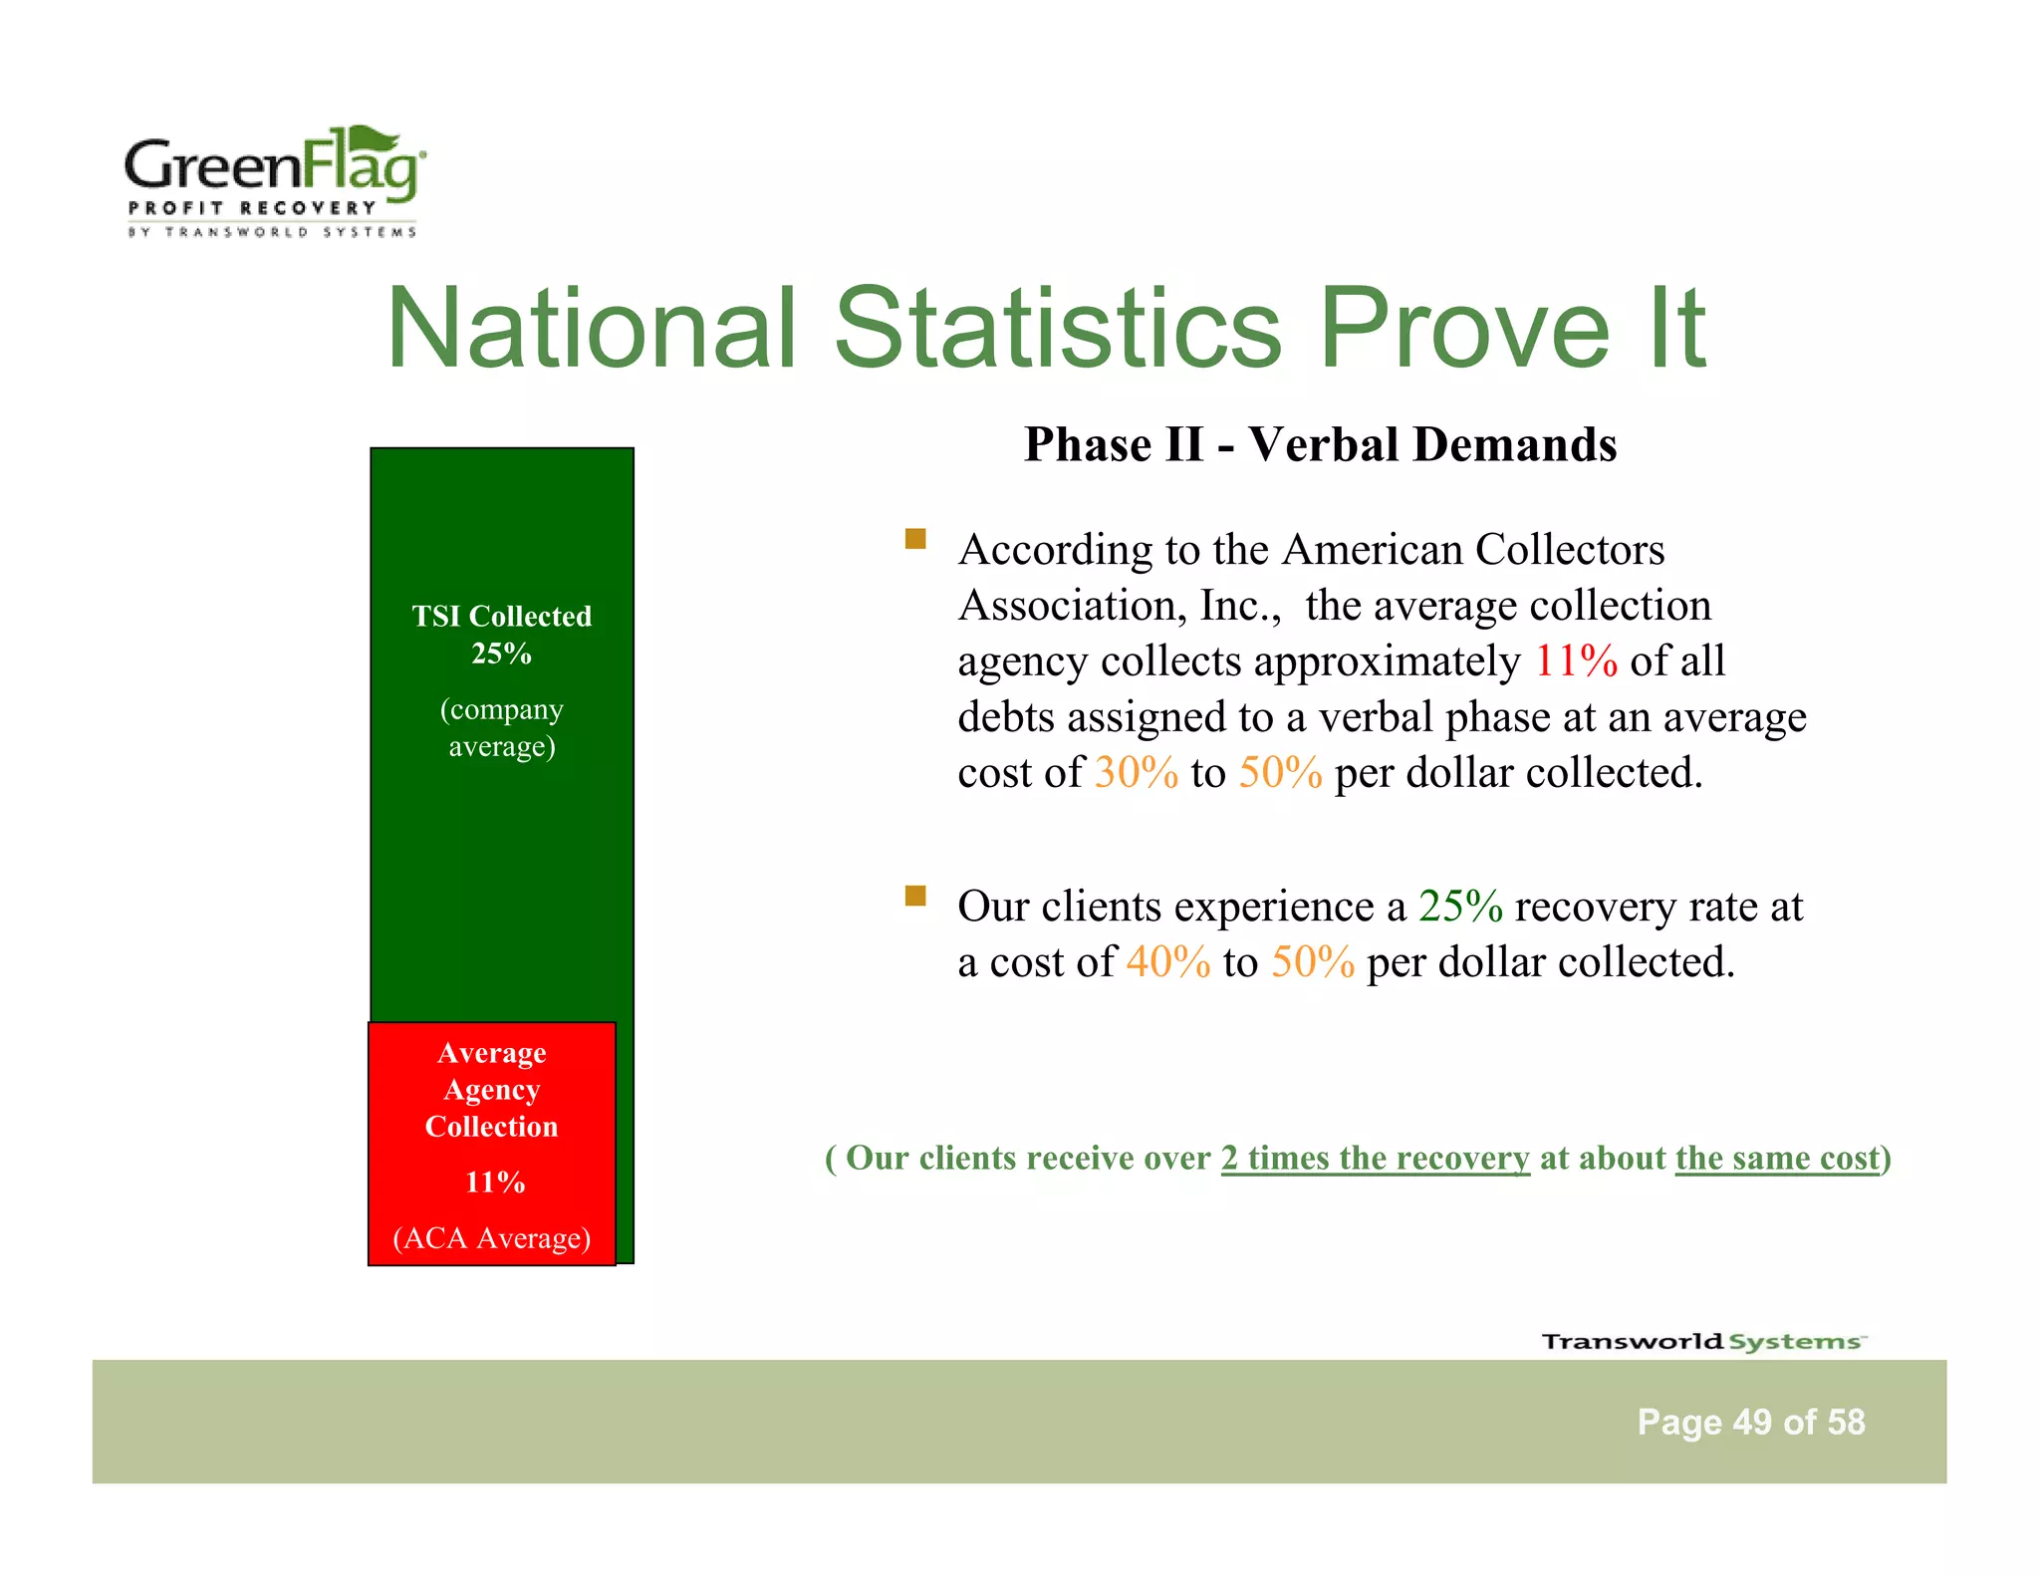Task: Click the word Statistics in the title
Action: [x=1057, y=328]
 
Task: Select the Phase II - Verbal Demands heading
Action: [x=1320, y=444]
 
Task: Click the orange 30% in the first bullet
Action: [x=1136, y=773]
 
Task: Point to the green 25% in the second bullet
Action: [x=1460, y=907]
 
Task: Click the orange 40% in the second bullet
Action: [x=1168, y=962]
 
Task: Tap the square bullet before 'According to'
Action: [x=915, y=540]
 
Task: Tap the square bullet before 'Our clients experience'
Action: [x=915, y=896]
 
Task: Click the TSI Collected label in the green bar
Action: [x=501, y=617]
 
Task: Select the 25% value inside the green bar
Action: [x=501, y=654]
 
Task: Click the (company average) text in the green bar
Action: [x=501, y=727]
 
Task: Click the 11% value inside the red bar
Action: [x=494, y=1182]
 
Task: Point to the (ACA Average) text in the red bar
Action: [x=492, y=1238]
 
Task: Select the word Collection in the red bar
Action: [x=491, y=1127]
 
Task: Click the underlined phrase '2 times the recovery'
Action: [x=1375, y=1158]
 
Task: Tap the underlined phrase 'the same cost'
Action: [x=1777, y=1158]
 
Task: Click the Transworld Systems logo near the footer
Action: [x=1703, y=1341]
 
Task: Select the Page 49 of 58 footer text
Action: [x=1750, y=1422]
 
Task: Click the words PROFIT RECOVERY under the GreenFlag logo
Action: [x=252, y=208]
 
